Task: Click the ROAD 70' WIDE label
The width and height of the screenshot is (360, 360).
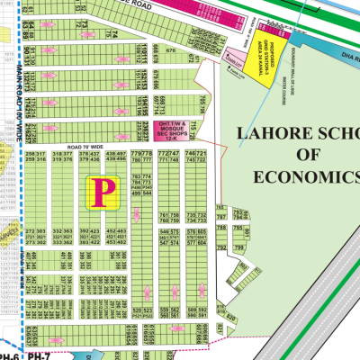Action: (92, 144)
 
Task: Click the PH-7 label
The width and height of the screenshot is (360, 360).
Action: (32, 355)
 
